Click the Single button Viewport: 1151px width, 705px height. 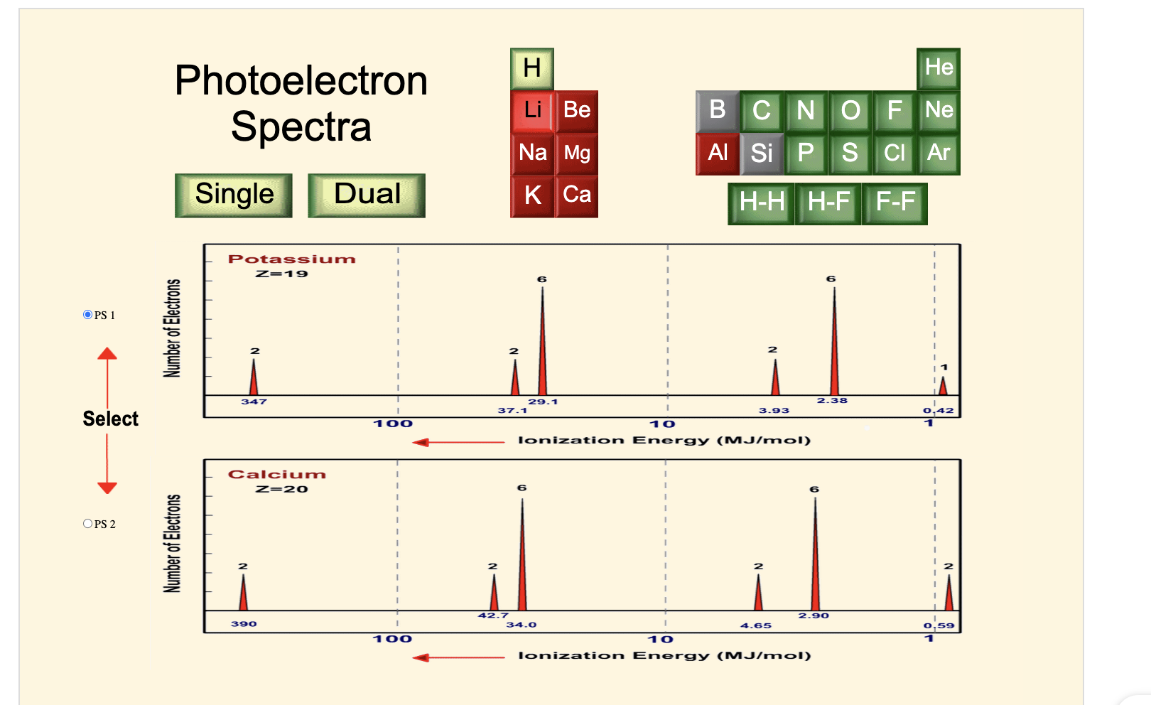point(234,195)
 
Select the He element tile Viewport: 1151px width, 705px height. point(939,68)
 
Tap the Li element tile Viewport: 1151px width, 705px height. point(532,111)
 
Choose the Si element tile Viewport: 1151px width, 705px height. point(762,154)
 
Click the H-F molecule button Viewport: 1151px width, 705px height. point(828,203)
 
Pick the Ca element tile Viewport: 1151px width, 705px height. point(576,195)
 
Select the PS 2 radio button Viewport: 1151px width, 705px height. point(88,524)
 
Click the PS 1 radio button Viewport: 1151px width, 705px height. point(88,315)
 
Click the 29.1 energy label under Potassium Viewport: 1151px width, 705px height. point(543,402)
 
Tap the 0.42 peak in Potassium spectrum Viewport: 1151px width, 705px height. point(943,386)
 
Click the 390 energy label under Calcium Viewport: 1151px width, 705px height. point(244,624)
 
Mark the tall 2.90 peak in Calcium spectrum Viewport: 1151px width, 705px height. point(815,554)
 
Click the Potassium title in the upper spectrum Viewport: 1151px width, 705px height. point(291,259)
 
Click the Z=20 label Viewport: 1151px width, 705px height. point(282,489)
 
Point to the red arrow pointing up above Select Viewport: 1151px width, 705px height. point(107,354)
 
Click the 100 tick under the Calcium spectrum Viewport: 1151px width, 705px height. point(392,639)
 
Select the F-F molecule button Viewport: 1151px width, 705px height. point(895,203)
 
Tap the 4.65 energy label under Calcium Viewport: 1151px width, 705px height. point(755,625)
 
